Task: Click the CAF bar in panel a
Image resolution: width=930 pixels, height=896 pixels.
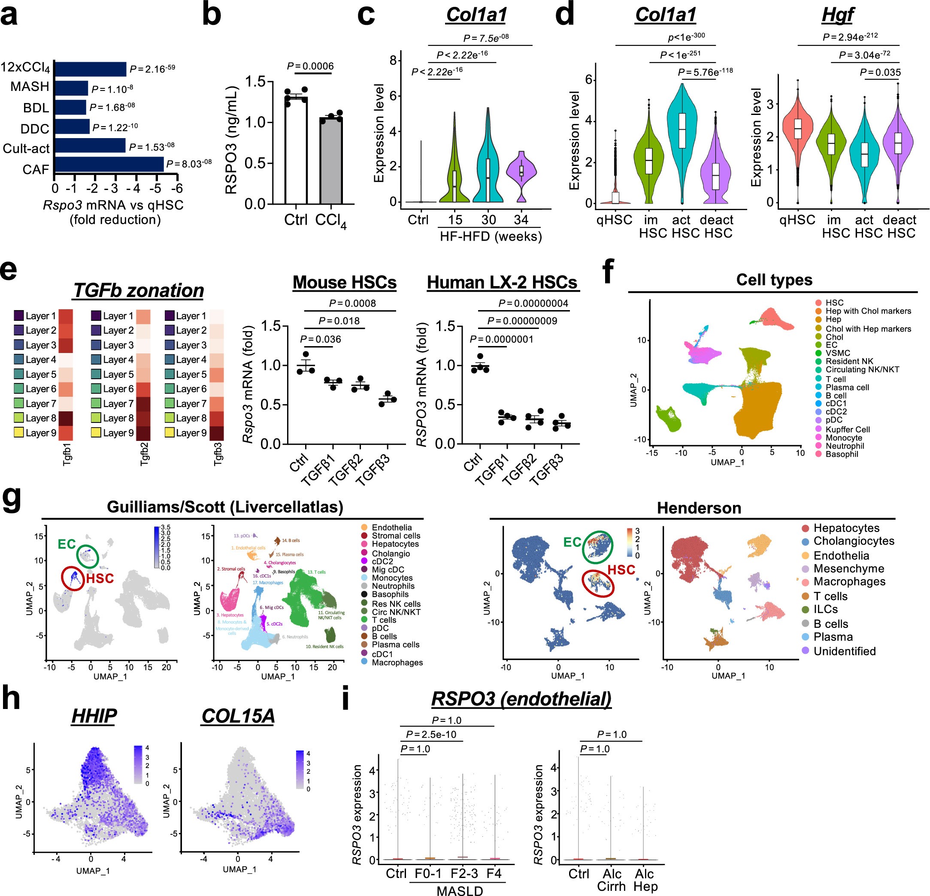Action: (x=109, y=164)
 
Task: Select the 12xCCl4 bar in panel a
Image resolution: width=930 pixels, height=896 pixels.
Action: (x=90, y=69)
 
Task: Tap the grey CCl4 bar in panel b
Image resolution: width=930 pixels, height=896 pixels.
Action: (x=331, y=160)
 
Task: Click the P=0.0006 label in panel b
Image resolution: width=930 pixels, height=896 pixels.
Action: (x=310, y=66)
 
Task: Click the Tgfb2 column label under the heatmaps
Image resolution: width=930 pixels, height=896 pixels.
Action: (x=145, y=454)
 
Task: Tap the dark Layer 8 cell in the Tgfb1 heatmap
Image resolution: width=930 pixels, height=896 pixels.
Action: (x=66, y=418)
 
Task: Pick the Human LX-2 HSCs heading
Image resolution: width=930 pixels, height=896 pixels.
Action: (x=502, y=283)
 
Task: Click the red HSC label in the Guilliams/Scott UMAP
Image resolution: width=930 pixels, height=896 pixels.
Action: (x=100, y=578)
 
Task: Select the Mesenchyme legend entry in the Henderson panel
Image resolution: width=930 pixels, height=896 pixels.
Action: (x=848, y=569)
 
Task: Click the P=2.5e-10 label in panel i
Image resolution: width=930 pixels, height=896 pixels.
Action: (x=434, y=735)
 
